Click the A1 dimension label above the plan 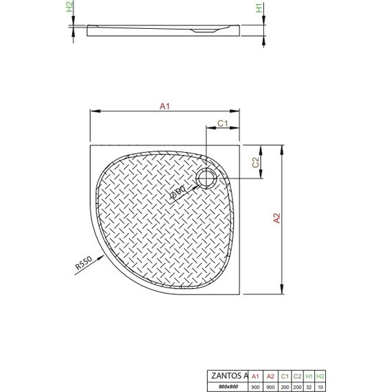point(164,106)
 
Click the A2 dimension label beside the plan point(277,219)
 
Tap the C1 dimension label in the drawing point(222,122)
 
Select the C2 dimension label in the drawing point(254,163)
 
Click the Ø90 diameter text point(177,192)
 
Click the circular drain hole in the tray point(206,179)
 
